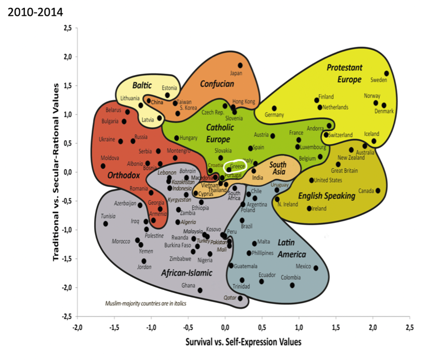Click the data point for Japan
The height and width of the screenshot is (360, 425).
240,65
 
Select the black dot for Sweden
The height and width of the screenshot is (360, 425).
387,73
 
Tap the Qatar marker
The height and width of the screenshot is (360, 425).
240,298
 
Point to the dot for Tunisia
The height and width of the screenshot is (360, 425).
106,223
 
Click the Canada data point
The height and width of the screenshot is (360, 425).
378,191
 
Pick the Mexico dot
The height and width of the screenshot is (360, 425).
316,268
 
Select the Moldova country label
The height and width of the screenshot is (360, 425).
110,158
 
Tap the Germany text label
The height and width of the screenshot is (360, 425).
274,115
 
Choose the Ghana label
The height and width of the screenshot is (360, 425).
188,286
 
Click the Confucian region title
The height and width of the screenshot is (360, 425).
217,84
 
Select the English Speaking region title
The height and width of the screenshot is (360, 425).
327,196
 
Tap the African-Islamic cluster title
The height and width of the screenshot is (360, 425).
186,273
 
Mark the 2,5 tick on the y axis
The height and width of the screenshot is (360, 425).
68,28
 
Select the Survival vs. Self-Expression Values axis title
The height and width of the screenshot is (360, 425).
243,341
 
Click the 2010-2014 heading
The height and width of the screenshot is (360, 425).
35,11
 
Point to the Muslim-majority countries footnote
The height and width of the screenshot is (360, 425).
146,303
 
